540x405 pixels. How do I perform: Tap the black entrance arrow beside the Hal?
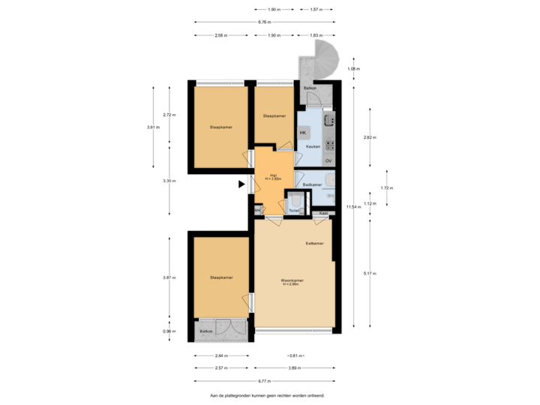pos(242,183)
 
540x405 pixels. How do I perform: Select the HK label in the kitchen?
pos(303,133)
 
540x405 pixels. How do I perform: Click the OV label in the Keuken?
pos(328,161)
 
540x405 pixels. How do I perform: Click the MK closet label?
pos(258,211)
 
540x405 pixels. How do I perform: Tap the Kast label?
pos(322,214)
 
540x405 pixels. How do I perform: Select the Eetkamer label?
pos(314,244)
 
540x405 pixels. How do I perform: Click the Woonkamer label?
pos(291,281)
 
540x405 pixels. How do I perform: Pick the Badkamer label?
pos(312,184)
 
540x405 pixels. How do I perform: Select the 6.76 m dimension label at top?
pos(263,22)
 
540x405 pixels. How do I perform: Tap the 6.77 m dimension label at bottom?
pos(264,382)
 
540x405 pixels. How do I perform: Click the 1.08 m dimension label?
pos(352,69)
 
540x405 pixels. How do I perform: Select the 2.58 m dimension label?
pos(220,35)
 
